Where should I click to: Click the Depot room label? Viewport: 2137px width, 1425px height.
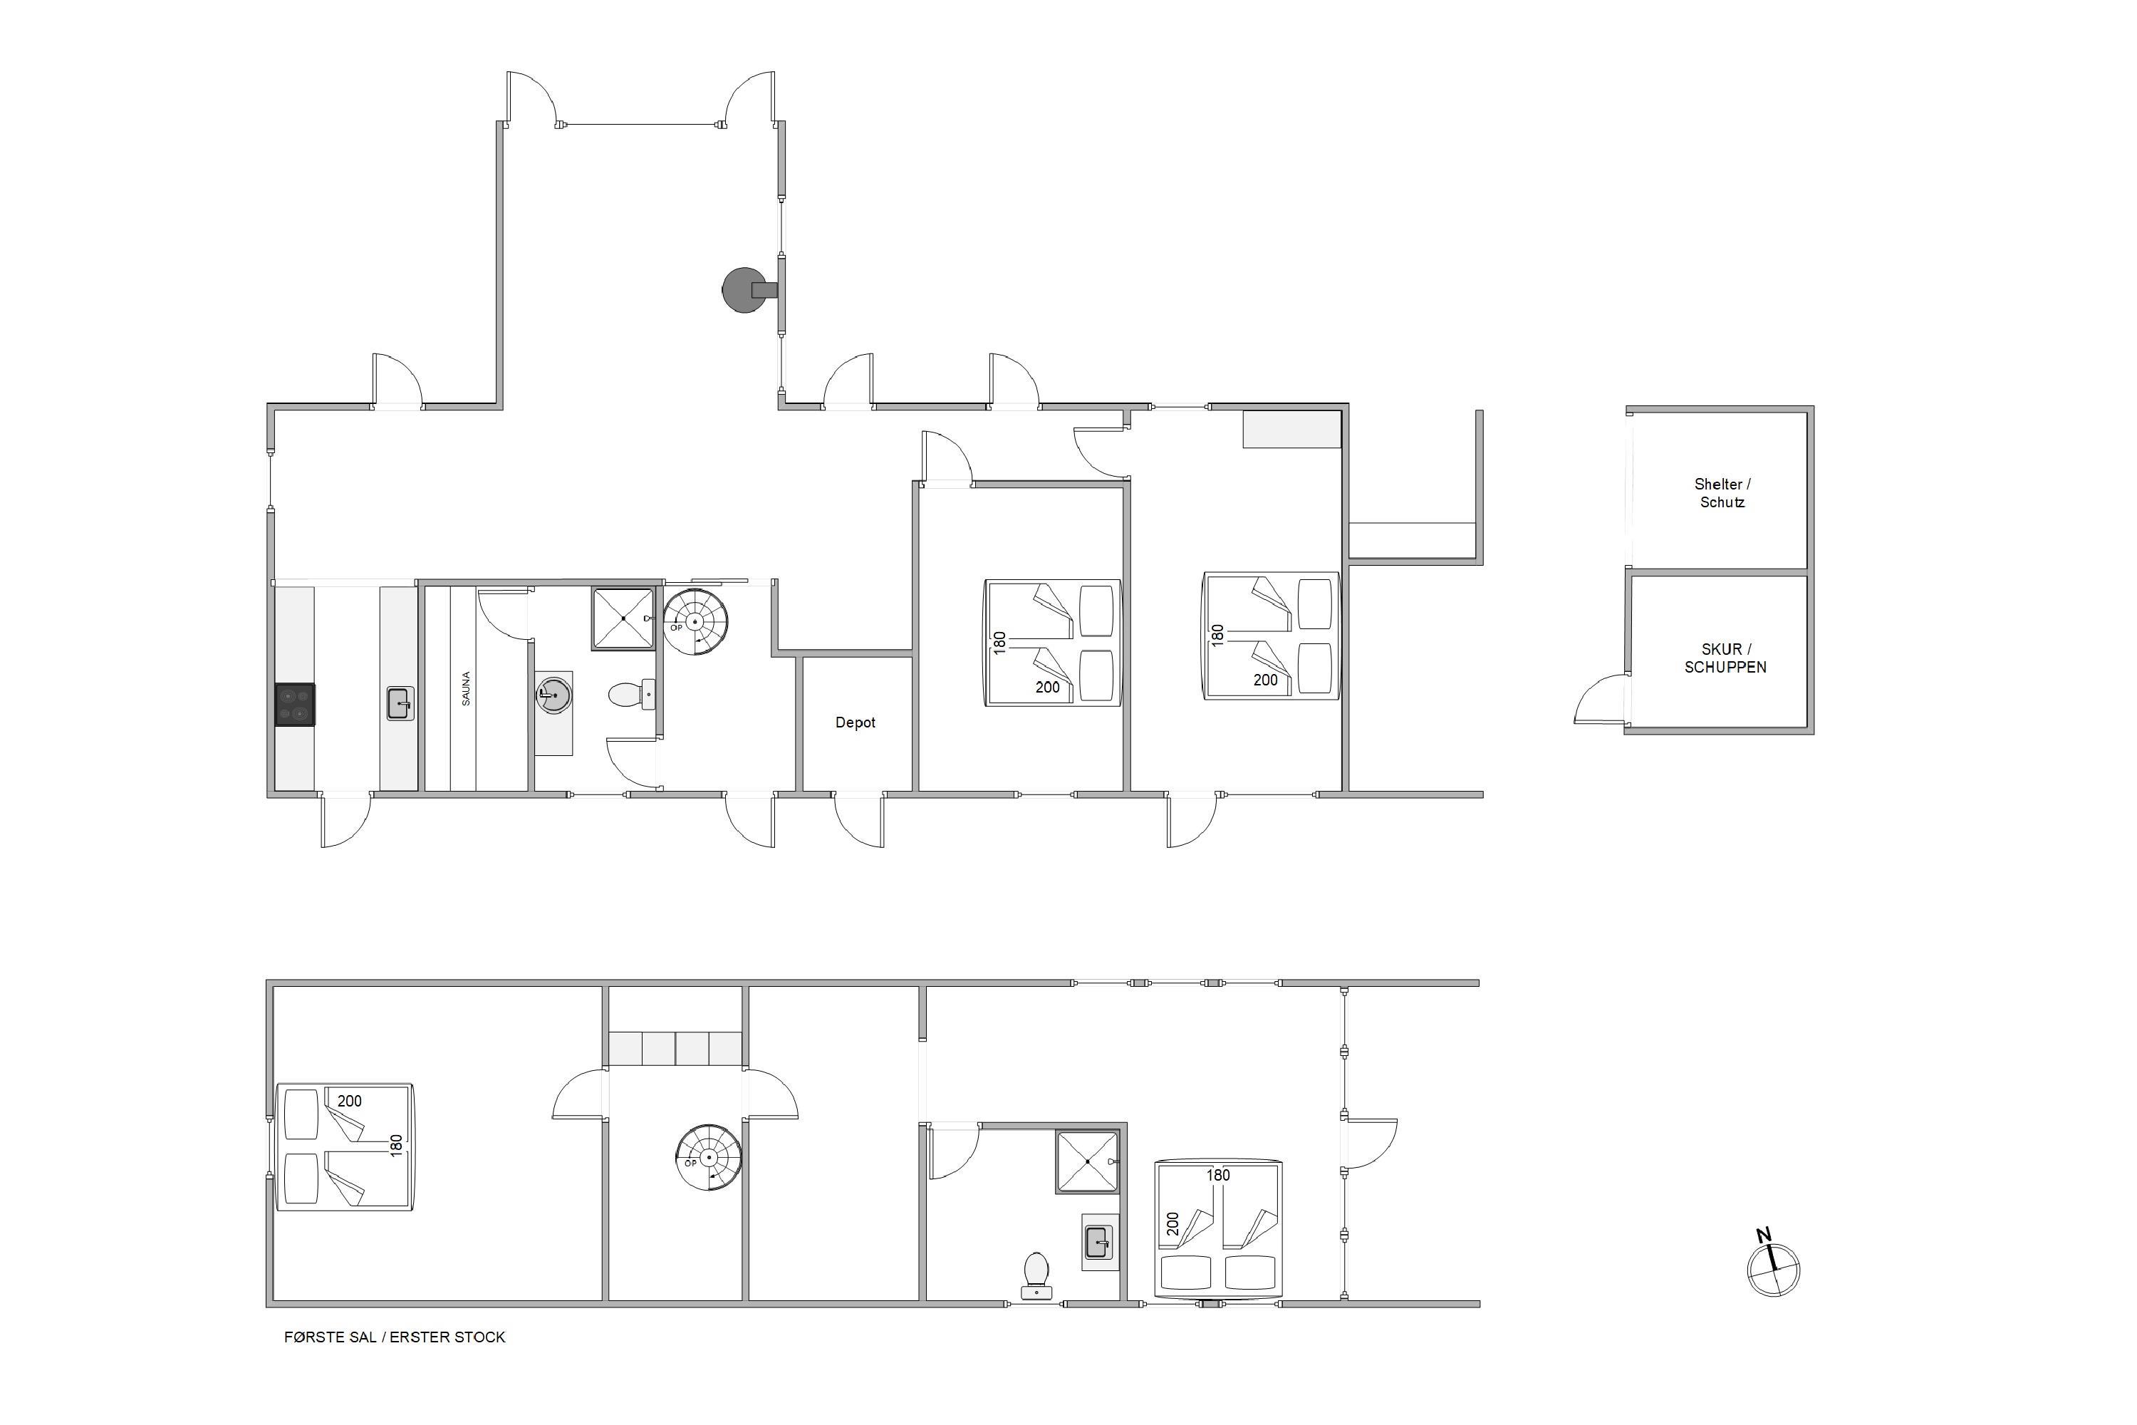tap(855, 722)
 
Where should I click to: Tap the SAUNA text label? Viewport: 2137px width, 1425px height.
tap(466, 688)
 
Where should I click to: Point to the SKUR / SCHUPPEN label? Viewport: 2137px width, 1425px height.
tap(1725, 658)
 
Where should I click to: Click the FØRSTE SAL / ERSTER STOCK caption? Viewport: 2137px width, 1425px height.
tap(395, 1337)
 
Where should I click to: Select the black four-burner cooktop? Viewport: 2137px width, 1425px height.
tap(296, 705)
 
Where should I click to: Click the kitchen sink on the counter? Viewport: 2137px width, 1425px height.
tap(400, 703)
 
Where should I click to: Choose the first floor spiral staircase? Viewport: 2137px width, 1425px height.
tap(709, 1158)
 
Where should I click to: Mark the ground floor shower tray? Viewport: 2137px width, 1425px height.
tap(623, 618)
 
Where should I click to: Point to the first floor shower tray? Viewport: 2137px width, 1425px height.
tap(1087, 1161)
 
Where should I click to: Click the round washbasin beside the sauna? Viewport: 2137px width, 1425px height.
tap(553, 695)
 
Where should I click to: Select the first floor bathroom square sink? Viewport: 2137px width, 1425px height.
tap(1098, 1241)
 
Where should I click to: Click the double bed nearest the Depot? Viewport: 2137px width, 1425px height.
tap(1053, 643)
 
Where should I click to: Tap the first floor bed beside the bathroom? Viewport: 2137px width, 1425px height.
tap(1217, 1228)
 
